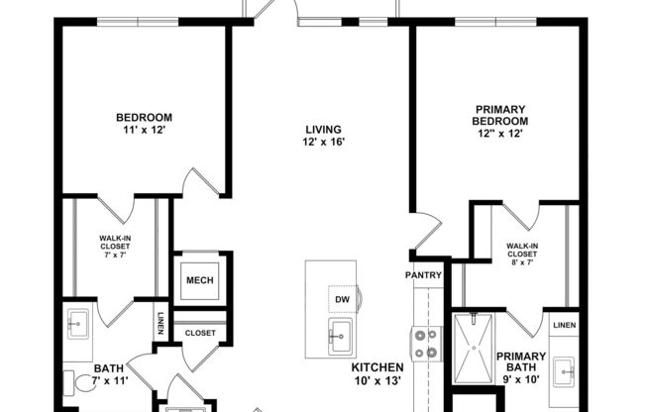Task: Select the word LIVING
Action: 323,129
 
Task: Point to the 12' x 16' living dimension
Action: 323,143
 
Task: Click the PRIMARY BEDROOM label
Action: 499,115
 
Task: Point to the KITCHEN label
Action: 378,365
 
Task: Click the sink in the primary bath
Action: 565,371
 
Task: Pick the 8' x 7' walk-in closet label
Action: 521,256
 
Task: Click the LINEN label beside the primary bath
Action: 563,325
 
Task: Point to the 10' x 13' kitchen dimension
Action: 378,379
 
